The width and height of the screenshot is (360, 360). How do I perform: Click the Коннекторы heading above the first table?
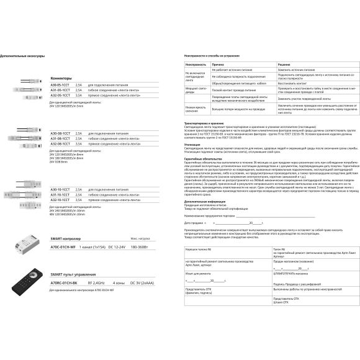click(x=61, y=78)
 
